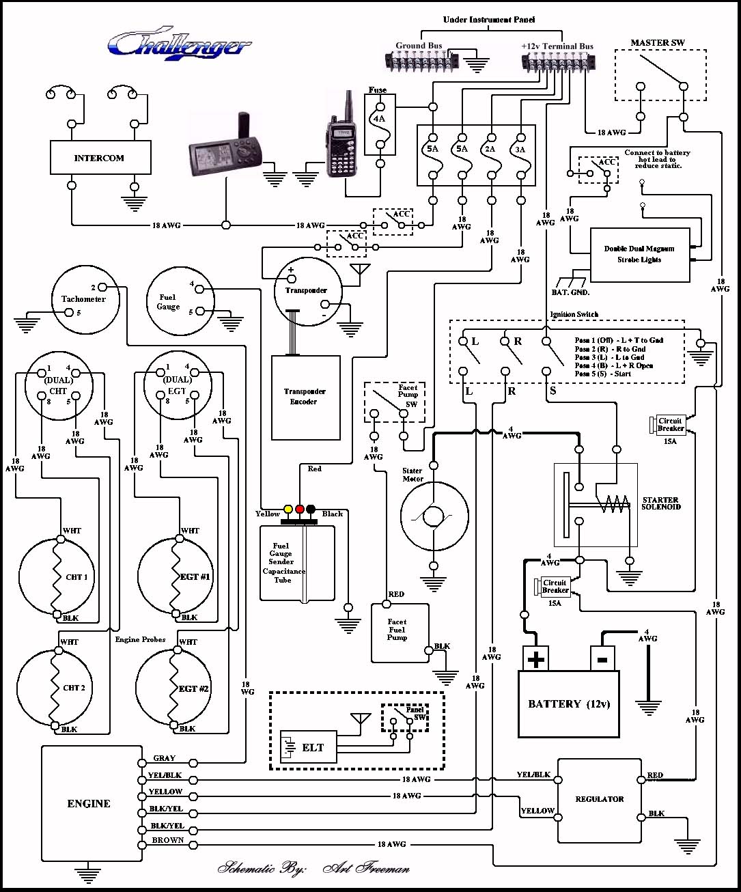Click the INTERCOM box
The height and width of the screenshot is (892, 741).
click(x=100, y=158)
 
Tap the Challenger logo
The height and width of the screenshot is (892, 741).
click(x=179, y=44)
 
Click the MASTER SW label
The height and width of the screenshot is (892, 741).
click(x=657, y=42)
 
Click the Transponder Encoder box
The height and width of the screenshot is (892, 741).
click(x=305, y=397)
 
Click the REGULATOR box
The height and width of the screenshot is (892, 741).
click(x=600, y=798)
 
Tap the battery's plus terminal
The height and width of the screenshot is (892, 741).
click(x=536, y=659)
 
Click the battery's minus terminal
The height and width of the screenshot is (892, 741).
click(x=602, y=659)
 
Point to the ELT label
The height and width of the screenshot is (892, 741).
click(x=313, y=748)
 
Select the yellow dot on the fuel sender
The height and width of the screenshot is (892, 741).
click(x=288, y=510)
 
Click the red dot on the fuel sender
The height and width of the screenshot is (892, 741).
click(x=299, y=510)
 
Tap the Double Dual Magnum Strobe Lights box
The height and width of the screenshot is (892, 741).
click(x=639, y=254)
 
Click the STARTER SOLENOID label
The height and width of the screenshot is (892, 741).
click(x=660, y=503)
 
